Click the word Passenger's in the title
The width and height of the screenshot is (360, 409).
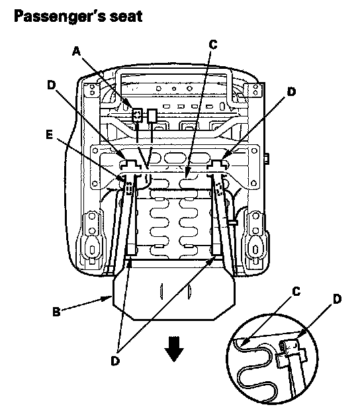click(60, 17)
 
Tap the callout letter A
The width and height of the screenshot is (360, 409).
click(76, 51)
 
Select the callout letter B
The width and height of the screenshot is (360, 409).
click(56, 312)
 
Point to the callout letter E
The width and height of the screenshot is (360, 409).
click(50, 135)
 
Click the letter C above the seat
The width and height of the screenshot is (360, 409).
click(213, 44)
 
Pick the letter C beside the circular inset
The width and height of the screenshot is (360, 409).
click(296, 291)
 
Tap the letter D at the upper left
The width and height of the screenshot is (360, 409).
click(52, 85)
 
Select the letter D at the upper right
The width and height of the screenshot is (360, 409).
click(291, 91)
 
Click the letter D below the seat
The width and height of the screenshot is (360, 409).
click(115, 361)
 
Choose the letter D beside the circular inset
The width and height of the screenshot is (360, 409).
click(337, 299)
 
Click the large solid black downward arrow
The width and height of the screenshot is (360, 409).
click(174, 349)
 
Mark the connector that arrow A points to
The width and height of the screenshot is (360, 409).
click(137, 115)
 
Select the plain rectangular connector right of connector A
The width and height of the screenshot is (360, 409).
click(152, 116)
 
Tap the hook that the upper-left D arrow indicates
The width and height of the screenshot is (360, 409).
click(130, 163)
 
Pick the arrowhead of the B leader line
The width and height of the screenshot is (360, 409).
click(109, 298)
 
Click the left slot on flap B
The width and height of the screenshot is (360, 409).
click(161, 291)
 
